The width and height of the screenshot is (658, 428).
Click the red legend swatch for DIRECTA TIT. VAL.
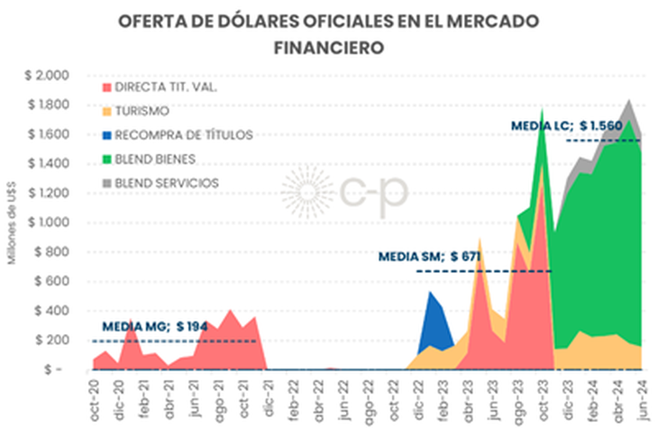109,87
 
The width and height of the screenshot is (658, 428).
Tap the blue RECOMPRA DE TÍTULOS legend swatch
109,135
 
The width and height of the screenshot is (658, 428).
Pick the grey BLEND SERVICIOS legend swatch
109,183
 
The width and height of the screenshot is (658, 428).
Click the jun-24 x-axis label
641,395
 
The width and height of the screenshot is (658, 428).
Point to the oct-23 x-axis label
542,395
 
